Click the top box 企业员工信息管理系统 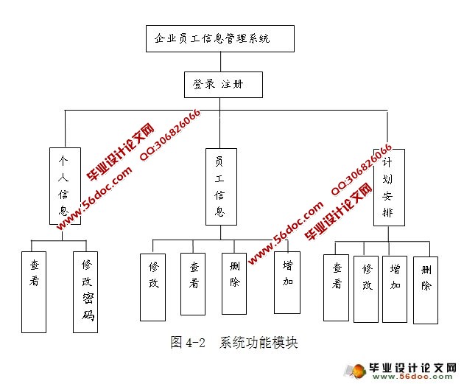point(219,38)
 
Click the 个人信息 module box point(64,185)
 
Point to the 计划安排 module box point(388,185)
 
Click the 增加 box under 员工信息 point(287,282)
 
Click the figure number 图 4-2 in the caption point(186,343)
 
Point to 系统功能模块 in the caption point(257,343)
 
